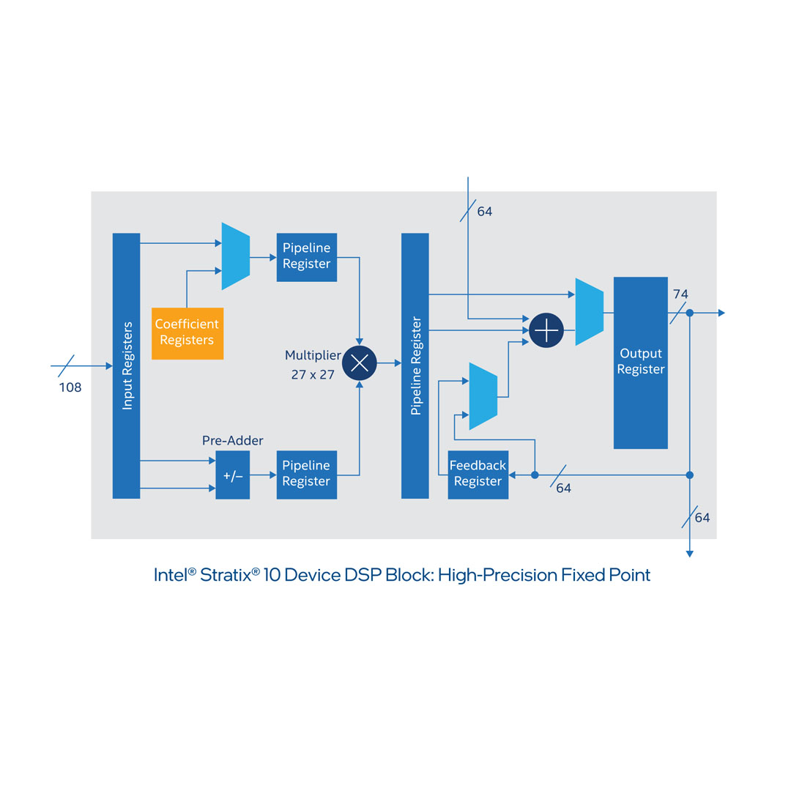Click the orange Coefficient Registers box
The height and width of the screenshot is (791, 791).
pyautogui.click(x=187, y=333)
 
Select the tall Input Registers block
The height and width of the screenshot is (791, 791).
pyautogui.click(x=126, y=365)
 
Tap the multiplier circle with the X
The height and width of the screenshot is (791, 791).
pyautogui.click(x=359, y=363)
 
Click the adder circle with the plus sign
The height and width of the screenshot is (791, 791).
pyautogui.click(x=546, y=330)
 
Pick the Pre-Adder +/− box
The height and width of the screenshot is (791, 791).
pyautogui.click(x=232, y=476)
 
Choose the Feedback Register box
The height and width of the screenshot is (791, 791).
pyautogui.click(x=478, y=475)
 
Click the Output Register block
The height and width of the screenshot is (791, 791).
pyautogui.click(x=640, y=362)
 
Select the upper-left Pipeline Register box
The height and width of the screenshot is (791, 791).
pyautogui.click(x=306, y=256)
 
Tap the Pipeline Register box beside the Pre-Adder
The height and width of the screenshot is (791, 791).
pyautogui.click(x=306, y=474)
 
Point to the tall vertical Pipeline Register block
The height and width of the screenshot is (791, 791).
pyautogui.click(x=415, y=365)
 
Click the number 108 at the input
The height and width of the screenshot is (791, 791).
pyautogui.click(x=70, y=387)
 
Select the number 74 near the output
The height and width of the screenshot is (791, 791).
pyautogui.click(x=680, y=294)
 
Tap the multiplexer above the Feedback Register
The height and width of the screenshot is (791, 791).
pyautogui.click(x=483, y=395)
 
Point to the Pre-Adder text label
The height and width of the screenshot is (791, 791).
pyautogui.click(x=232, y=441)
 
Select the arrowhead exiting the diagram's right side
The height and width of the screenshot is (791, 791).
pyautogui.click(x=721, y=313)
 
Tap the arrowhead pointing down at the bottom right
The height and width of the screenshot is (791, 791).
pyautogui.click(x=689, y=554)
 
